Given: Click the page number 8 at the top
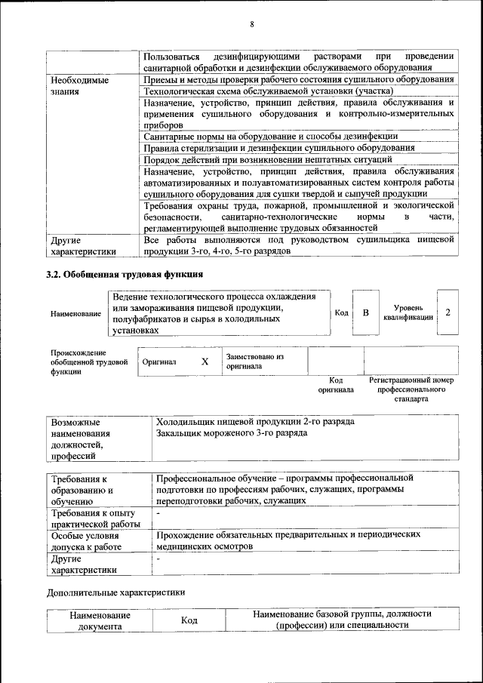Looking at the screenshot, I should coord(251,24).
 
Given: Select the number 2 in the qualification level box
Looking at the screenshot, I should coord(448,312).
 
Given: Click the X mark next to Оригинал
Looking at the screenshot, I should coord(205,361).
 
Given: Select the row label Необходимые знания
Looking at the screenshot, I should coord(78,85).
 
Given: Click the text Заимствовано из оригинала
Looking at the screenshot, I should coord(255,361).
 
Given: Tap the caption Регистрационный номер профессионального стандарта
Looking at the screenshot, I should coord(411,389).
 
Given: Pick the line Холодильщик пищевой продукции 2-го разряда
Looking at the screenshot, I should coord(254,422).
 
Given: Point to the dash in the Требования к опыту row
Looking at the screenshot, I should coord(158,513).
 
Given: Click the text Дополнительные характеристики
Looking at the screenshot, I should coord(115,593).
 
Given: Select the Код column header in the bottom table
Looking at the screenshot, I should coord(189,620).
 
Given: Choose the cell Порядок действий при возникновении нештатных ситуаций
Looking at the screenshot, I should coord(266,159).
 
